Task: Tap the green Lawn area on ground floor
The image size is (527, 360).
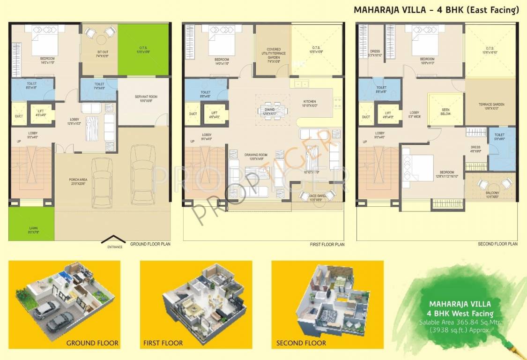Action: point(31,224)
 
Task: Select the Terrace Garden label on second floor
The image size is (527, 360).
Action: point(491,106)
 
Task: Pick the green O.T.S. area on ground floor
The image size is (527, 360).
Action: point(143,49)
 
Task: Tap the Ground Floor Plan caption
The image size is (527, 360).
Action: point(150,244)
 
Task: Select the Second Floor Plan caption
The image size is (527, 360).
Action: point(497,244)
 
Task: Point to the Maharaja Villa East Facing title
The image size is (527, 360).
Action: point(436,10)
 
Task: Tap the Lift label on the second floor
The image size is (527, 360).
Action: point(388,115)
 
